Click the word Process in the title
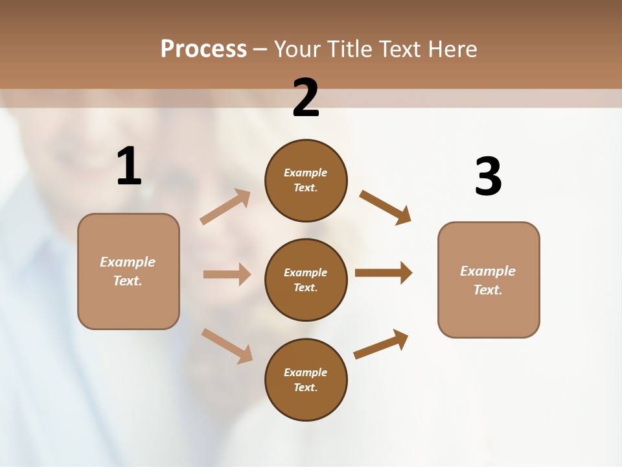[203, 49]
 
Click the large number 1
[129, 166]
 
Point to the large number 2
[306, 98]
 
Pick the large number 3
[488, 176]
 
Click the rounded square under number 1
[128, 271]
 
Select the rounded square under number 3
[489, 280]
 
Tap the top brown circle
[306, 180]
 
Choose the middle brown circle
[306, 280]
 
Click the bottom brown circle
[306, 379]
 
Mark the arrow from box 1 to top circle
[225, 207]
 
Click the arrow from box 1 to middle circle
[227, 274]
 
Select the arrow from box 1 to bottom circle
[227, 346]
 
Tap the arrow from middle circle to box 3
[384, 272]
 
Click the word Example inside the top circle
[306, 173]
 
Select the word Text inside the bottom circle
[306, 387]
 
